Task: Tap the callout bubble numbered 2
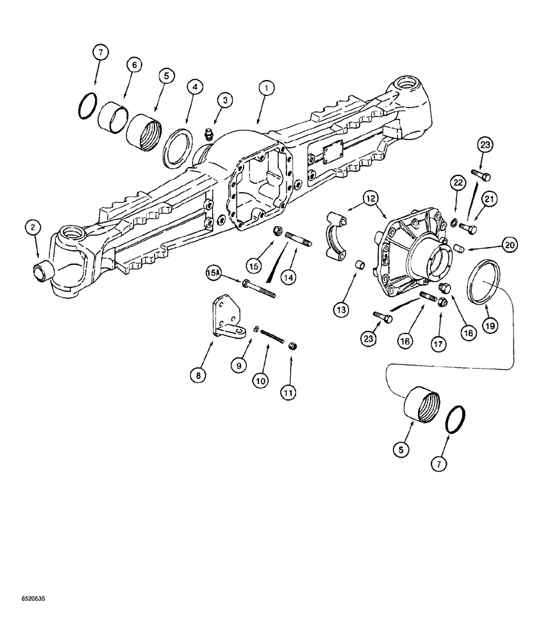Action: (32, 228)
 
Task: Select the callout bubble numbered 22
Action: (458, 183)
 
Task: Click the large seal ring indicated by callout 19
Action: (483, 280)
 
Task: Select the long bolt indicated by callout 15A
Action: (258, 288)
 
